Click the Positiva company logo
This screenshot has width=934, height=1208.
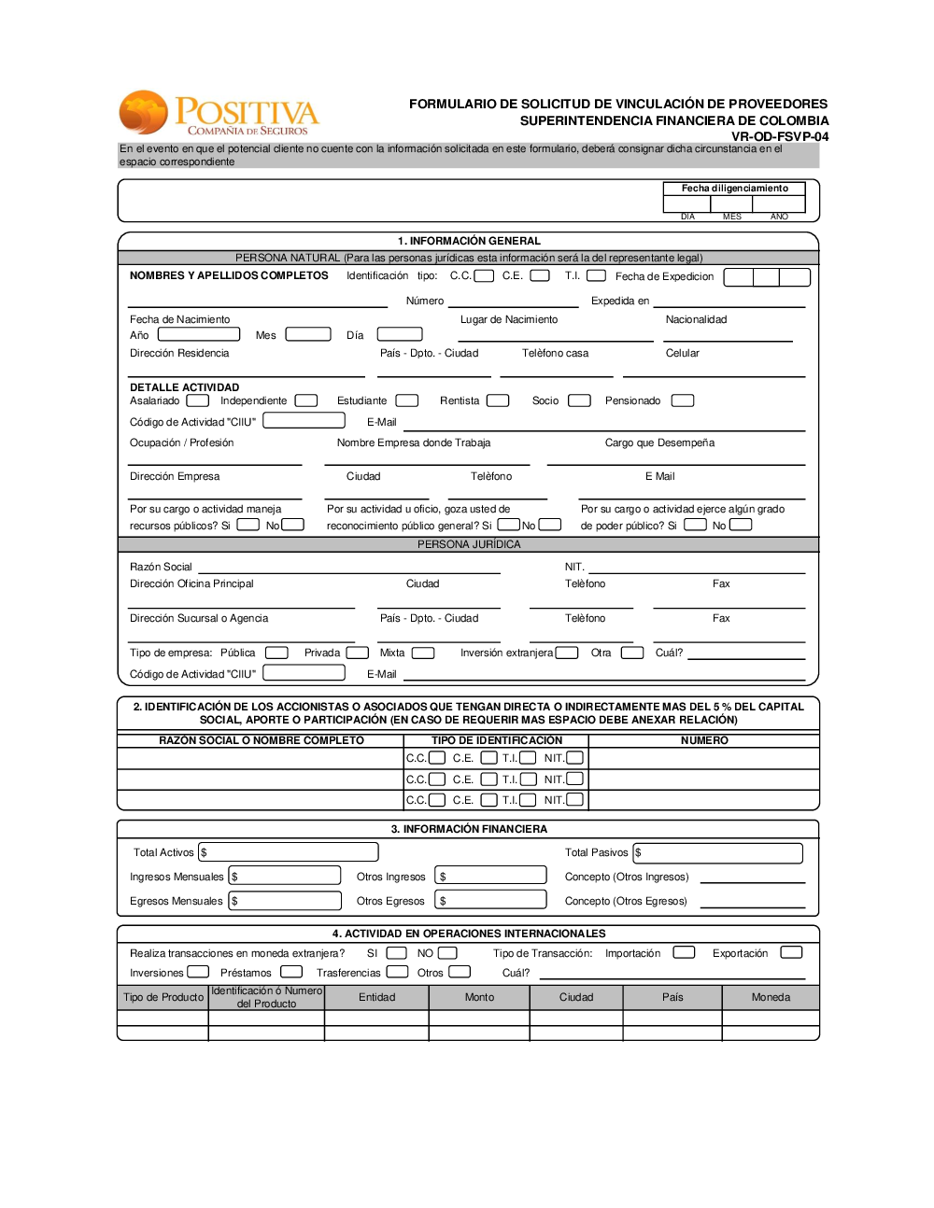(x=219, y=114)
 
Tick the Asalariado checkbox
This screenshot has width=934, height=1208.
(x=197, y=400)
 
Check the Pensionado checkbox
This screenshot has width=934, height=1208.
(x=683, y=400)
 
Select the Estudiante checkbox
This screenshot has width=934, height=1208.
(x=407, y=400)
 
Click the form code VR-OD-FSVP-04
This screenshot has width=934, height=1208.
(x=780, y=136)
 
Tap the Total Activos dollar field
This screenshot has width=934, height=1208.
(x=289, y=852)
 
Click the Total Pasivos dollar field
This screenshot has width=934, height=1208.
(x=718, y=852)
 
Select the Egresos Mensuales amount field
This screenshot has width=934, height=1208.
(x=286, y=901)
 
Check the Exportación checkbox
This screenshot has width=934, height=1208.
(x=791, y=952)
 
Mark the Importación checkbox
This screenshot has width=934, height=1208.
(x=684, y=952)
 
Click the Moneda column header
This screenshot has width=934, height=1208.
(x=771, y=997)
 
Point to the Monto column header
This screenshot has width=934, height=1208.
(x=479, y=997)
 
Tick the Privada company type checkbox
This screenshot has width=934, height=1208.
(x=358, y=653)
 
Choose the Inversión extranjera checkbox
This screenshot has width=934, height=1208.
(x=567, y=653)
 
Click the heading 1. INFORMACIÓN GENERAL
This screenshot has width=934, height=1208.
(x=469, y=241)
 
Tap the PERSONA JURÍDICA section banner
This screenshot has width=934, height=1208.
(x=469, y=544)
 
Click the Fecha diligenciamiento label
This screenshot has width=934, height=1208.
(x=735, y=189)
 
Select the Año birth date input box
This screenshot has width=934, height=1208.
(x=199, y=334)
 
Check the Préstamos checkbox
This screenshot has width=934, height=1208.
(x=291, y=972)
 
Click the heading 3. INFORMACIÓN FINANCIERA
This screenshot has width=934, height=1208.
(x=469, y=829)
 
